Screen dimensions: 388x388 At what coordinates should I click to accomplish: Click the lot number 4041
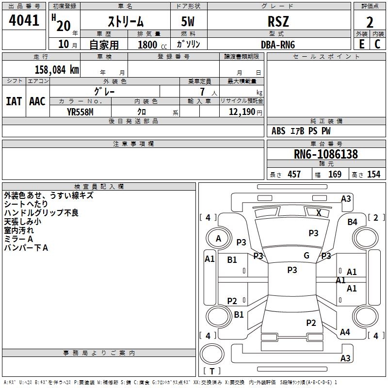tap(24, 20)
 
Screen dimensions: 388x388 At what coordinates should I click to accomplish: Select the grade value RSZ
tap(278, 21)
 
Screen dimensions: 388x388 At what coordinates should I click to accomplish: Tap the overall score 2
tap(370, 22)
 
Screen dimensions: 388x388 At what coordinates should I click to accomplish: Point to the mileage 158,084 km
tap(57, 70)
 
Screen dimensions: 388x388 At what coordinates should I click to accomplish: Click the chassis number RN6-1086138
tap(326, 154)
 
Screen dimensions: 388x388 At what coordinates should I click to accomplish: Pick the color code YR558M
tap(80, 112)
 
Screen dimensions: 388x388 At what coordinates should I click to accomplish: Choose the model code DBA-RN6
tap(278, 45)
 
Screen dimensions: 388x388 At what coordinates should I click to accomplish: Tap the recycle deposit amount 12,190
tap(242, 112)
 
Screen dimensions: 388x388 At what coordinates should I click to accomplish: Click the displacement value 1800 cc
tap(152, 45)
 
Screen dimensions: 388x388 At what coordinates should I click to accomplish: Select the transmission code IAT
tap(14, 101)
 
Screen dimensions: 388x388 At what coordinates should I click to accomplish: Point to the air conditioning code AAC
tap(37, 101)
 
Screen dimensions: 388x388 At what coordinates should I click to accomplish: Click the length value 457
tap(294, 174)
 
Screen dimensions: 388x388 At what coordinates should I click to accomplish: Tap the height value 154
tap(373, 174)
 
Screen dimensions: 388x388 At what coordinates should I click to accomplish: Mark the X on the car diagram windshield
tap(319, 212)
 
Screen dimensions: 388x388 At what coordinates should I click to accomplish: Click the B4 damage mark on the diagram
tap(353, 222)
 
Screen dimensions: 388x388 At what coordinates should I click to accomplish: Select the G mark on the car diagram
tap(307, 255)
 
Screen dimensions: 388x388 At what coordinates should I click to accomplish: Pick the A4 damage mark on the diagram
tap(345, 332)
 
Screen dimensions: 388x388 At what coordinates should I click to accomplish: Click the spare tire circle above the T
tap(212, 354)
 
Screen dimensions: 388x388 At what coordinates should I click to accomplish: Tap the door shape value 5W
tap(188, 21)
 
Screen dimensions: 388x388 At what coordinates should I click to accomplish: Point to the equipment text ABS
tap(278, 131)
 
